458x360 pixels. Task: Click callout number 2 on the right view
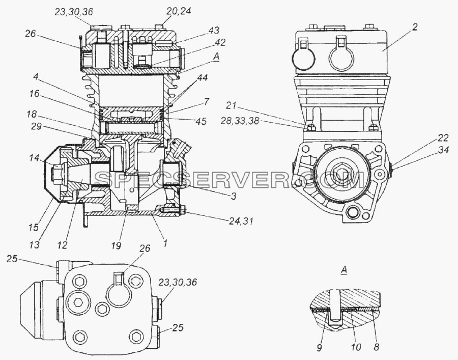(x=415, y=27)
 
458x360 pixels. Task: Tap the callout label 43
(x=214, y=31)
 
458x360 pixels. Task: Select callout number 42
(x=220, y=42)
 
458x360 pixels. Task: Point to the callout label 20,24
(x=179, y=11)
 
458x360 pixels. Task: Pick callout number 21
(x=232, y=105)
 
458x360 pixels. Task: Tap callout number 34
(x=443, y=150)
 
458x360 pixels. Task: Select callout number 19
(x=116, y=245)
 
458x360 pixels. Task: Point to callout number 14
(x=34, y=158)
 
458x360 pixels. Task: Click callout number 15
(x=34, y=227)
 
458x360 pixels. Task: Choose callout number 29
(x=37, y=126)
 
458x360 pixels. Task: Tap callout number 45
(x=201, y=121)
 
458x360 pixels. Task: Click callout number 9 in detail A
(x=319, y=347)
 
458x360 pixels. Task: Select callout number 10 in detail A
(x=356, y=347)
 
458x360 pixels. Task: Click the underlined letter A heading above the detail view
(x=344, y=270)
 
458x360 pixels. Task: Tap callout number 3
(x=233, y=196)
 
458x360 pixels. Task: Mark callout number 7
(x=206, y=101)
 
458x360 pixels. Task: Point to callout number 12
(x=62, y=245)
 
